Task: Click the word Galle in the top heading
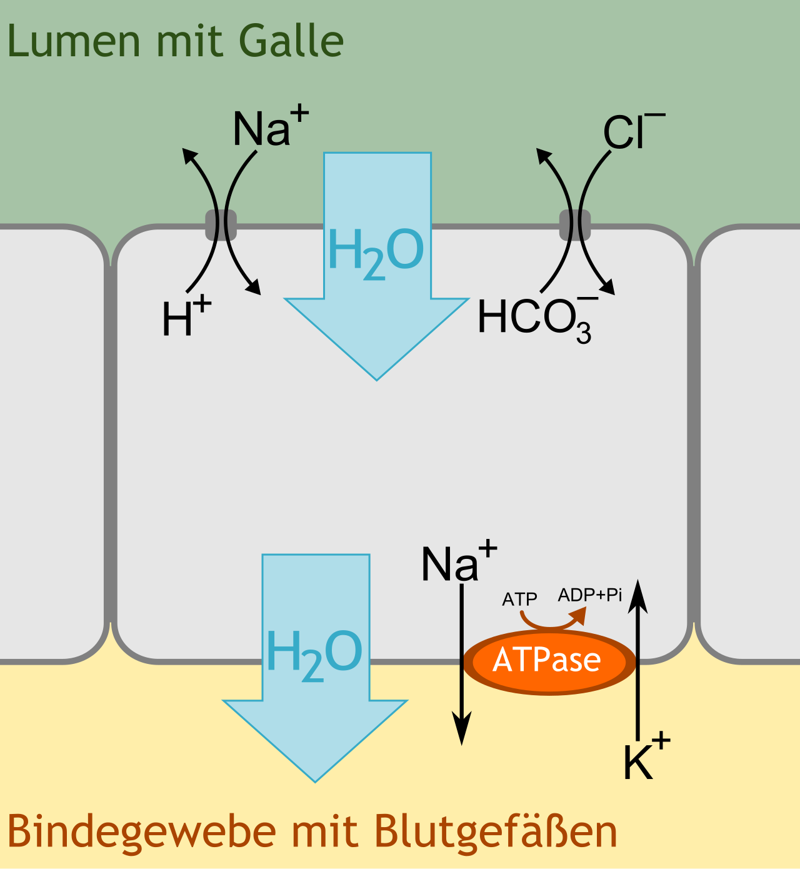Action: pos(291,40)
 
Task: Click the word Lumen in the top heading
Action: pos(74,40)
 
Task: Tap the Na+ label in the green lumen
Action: pos(271,126)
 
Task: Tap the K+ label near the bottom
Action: pos(647,755)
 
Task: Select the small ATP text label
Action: pos(519,599)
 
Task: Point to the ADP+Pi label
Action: pos(589,595)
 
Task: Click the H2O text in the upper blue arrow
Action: pos(376,253)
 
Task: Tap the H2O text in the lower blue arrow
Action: pos(314,655)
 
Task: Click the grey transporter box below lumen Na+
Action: pos(221,225)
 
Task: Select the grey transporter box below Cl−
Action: pos(575,225)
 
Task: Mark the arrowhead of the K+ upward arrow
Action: pos(637,597)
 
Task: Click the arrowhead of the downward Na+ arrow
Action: pos(462,728)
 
